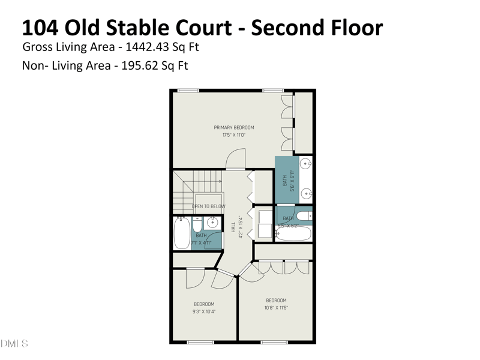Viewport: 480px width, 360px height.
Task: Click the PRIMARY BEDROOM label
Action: (x=234, y=127)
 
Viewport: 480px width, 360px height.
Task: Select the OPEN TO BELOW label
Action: (x=208, y=206)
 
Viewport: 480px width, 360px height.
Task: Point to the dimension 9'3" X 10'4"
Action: (x=204, y=312)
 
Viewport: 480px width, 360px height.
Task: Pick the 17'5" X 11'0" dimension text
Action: (x=234, y=135)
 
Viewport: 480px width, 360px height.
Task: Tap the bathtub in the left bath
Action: (x=182, y=233)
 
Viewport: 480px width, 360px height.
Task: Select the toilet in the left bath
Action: (x=197, y=226)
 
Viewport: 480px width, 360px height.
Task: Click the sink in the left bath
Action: (x=212, y=223)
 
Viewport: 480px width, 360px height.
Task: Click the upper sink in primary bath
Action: (x=305, y=163)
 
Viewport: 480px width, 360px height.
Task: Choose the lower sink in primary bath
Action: (x=305, y=193)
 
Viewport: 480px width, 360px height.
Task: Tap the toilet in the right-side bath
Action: (x=305, y=215)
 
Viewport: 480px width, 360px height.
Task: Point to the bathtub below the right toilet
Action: (x=293, y=233)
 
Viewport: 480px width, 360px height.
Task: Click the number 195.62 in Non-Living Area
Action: (x=136, y=65)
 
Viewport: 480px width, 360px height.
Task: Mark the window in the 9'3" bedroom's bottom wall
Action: (x=200, y=342)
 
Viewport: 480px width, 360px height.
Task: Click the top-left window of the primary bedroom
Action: (x=188, y=91)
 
